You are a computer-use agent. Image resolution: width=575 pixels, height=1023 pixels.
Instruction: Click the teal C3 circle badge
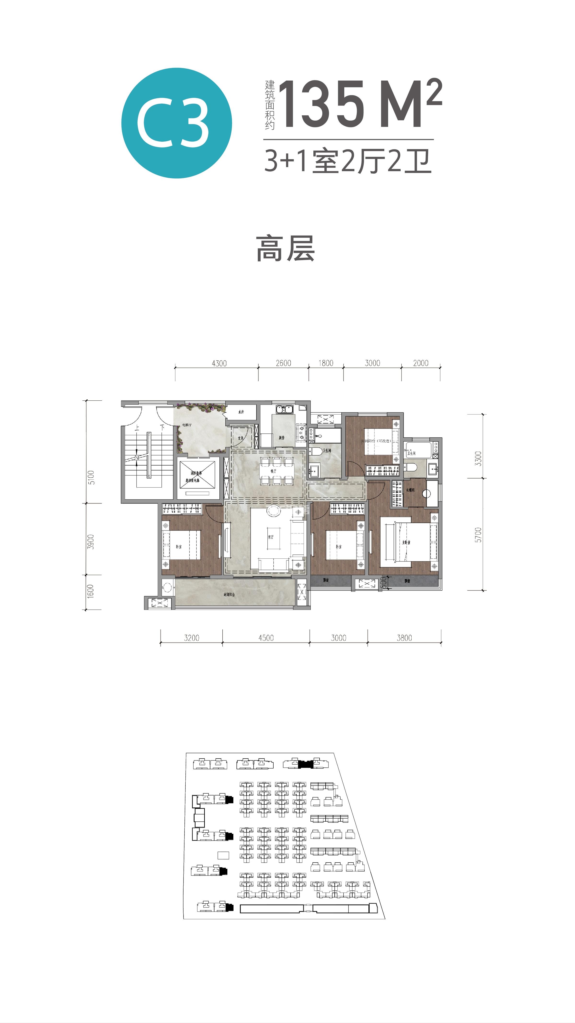click(x=177, y=123)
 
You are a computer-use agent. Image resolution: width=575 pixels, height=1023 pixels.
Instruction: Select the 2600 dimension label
click(x=283, y=363)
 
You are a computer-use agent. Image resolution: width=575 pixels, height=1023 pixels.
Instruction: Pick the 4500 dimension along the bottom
click(x=266, y=638)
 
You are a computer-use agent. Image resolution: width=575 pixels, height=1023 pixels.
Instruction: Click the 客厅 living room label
click(x=271, y=537)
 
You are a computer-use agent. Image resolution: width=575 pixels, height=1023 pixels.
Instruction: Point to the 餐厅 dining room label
click(x=273, y=471)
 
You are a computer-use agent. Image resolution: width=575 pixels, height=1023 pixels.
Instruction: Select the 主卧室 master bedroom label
click(x=406, y=542)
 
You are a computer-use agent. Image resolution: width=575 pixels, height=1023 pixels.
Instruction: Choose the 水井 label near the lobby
click(x=241, y=412)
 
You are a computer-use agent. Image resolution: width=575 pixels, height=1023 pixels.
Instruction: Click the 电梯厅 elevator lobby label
click(x=187, y=425)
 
